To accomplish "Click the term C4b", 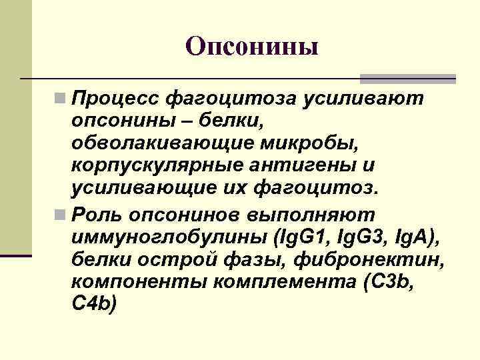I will coord(93,303).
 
